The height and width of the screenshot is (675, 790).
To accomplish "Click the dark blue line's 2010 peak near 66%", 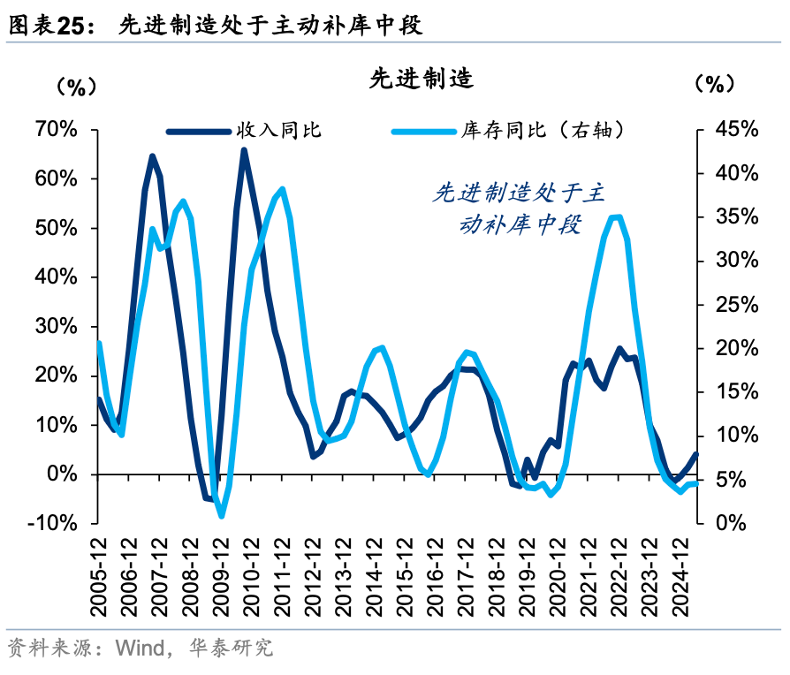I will pos(244,150).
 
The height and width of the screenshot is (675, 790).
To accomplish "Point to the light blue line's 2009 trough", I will pos(221,515).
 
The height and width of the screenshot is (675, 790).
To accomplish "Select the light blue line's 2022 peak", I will pos(617,216).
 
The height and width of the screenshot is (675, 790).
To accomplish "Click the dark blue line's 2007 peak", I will pos(152,156).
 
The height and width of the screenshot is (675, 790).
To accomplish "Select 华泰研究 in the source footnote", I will pos(232,649).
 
